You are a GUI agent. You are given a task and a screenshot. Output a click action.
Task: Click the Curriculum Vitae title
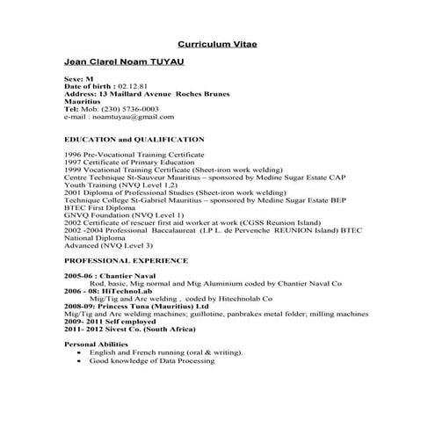point(217,43)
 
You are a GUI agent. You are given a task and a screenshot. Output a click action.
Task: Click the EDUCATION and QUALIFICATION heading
point(134,140)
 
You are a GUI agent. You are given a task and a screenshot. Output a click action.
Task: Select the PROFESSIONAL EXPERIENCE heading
point(126,261)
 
